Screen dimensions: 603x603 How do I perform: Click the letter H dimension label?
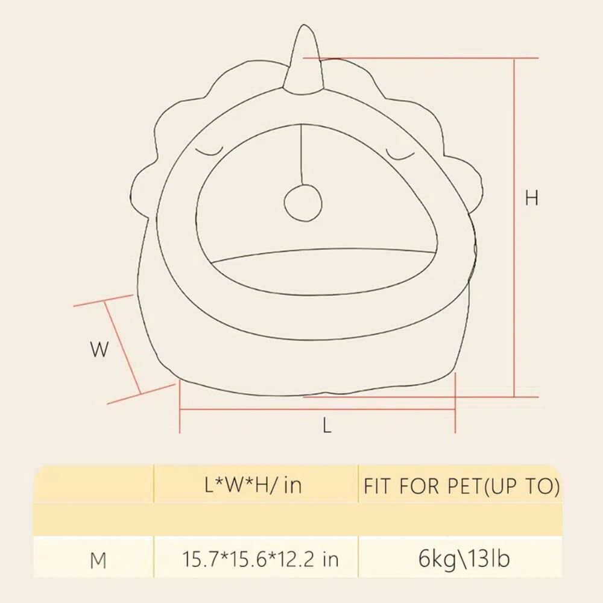(x=532, y=198)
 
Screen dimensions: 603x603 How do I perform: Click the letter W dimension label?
(x=99, y=350)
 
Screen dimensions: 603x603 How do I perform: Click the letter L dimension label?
(x=327, y=426)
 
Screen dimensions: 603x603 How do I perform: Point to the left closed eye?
(x=210, y=151)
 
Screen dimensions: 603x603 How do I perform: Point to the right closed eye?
(x=400, y=154)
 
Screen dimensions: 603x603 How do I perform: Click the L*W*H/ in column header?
(x=253, y=485)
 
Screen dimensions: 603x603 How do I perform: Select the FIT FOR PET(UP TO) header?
(x=461, y=486)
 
